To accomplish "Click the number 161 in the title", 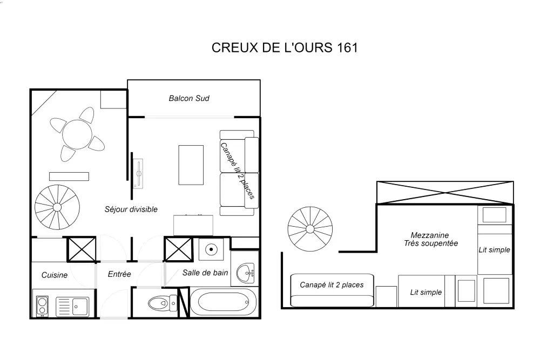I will pos(347,47).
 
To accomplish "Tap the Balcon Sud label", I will pos(189,98).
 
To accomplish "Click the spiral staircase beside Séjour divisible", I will pos(57,206).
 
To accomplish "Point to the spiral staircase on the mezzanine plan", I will pos(309,229).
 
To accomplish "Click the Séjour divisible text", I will pos(131,209).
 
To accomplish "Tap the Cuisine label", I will pos(55,275).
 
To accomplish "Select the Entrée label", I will pos(119,274).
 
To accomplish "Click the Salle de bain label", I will pos(205,273).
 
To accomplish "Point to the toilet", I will pos(161,304).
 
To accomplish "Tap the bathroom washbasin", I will pos(248,273).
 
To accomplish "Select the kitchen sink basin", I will pos(81,307).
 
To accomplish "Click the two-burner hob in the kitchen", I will pos(41,307).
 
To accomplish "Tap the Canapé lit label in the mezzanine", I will pos(332,284).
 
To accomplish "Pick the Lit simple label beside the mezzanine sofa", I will pos(426,292).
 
